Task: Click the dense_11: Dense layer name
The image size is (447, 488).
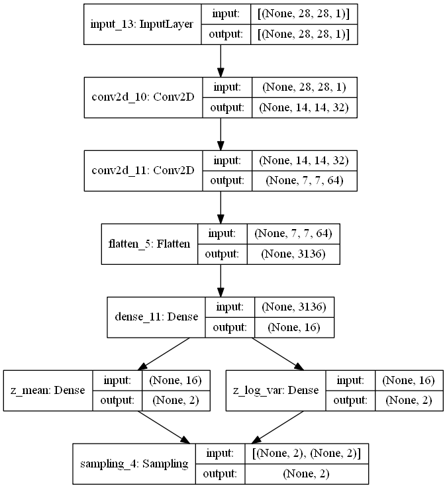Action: click(156, 317)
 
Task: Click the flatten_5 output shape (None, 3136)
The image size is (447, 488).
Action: click(293, 254)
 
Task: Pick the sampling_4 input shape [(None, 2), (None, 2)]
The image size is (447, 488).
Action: click(307, 454)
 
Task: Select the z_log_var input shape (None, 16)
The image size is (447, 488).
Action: click(409, 380)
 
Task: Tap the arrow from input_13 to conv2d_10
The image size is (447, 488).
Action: click(221, 61)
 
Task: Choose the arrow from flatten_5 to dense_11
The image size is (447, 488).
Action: click(221, 281)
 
